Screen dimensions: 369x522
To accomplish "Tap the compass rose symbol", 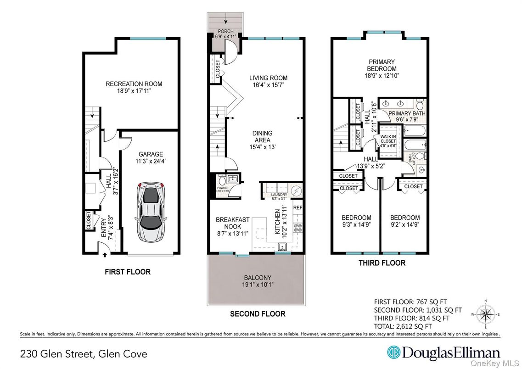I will coord(486,314).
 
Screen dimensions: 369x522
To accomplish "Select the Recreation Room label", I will coord(134,84).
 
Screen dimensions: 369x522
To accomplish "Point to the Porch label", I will coord(225,32).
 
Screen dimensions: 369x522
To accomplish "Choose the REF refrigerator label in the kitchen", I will coord(298,207).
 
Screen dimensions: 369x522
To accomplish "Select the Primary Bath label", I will coord(407,113).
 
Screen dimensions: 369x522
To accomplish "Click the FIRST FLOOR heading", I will coord(127,272).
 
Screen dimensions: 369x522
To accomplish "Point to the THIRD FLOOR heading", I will coord(382,263).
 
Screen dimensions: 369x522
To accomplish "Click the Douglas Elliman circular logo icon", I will coord(393,353).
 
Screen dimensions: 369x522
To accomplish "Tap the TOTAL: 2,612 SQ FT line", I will coord(403,326).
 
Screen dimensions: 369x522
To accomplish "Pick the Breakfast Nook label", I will coord(233,223).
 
